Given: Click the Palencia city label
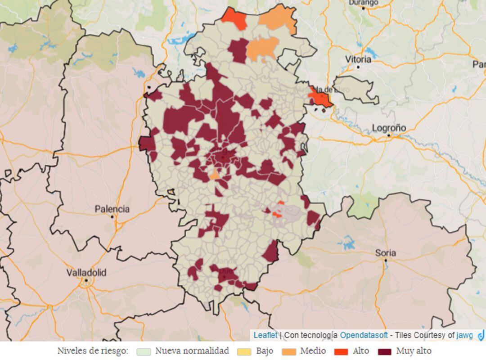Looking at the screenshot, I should pyautogui.click(x=112, y=209).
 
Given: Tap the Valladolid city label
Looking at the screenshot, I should pyautogui.click(x=86, y=272).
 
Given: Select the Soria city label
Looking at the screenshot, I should pyautogui.click(x=386, y=252).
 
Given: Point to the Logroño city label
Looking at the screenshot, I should pyautogui.click(x=389, y=128).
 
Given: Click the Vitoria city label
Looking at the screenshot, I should pyautogui.click(x=358, y=59).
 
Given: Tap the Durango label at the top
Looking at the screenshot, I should pyautogui.click(x=363, y=3).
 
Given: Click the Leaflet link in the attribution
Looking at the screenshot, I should pyautogui.click(x=265, y=335).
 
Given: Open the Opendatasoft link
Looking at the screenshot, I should pyautogui.click(x=364, y=335).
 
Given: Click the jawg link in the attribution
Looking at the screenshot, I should pyautogui.click(x=465, y=335).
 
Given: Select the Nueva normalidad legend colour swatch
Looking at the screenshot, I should pyautogui.click(x=144, y=351).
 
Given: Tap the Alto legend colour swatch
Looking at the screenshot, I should pyautogui.click(x=341, y=351).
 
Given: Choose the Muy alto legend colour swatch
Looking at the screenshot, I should pyautogui.click(x=385, y=351).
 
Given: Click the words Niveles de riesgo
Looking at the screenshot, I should pyautogui.click(x=93, y=351).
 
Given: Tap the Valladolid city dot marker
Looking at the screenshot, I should pyautogui.click(x=86, y=280).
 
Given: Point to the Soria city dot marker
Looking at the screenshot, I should pyautogui.click(x=386, y=260).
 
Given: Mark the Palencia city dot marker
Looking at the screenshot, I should pyautogui.click(x=112, y=216).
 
